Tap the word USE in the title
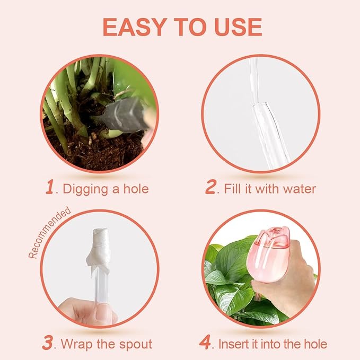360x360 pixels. tap(234, 27)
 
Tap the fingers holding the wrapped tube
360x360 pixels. tap(85, 310)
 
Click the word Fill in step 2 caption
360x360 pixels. tap(233, 189)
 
